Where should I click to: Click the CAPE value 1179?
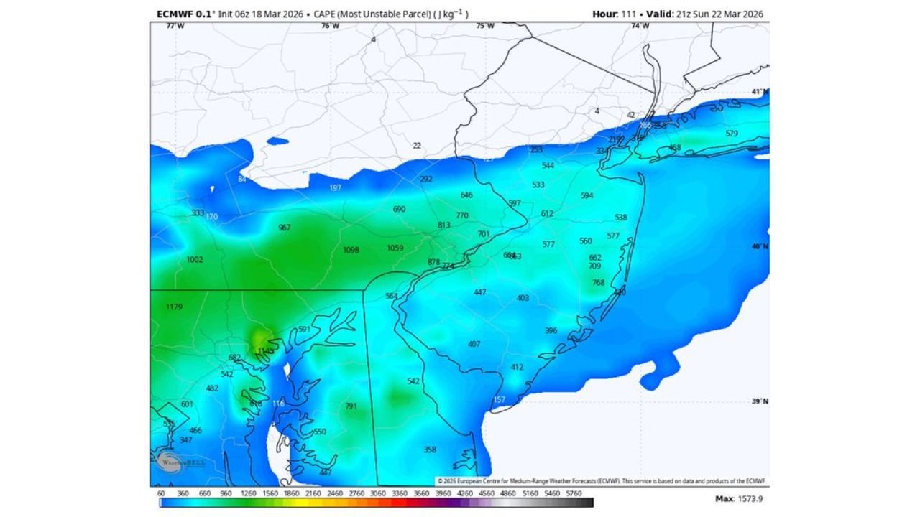tap(174, 307)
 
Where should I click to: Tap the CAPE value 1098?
tap(351, 250)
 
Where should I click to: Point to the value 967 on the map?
tap(285, 228)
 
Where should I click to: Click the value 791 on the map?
tap(351, 406)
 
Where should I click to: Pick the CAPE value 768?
tap(598, 283)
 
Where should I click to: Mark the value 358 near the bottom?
tap(430, 450)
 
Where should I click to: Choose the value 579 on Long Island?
tap(732, 134)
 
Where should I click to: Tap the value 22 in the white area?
tap(417, 146)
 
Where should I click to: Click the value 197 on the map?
tap(335, 188)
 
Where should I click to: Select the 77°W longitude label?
tap(175, 26)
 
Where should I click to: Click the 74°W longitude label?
tap(640, 26)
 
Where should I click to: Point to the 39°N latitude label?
tap(760, 402)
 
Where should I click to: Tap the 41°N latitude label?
tap(760, 92)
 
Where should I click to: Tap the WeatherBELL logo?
tap(171, 462)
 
